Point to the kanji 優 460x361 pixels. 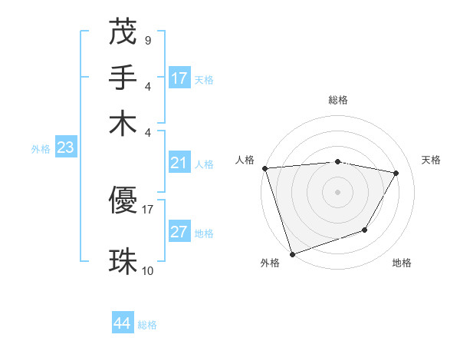point(123,201)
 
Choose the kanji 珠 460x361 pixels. point(123,261)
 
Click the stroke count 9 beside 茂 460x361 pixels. point(147,39)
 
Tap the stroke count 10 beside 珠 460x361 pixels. point(148,270)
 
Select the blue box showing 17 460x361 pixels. point(179,78)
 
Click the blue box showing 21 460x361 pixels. point(179,163)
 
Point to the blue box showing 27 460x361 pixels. point(179,232)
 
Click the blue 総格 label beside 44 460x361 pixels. point(147,325)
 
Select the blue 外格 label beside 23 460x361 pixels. point(41,150)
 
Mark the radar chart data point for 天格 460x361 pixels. point(396,173)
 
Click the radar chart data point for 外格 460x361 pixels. point(293,253)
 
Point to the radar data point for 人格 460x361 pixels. point(264,168)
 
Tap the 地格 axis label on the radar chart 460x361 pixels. point(402,263)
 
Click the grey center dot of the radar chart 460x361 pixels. point(337,191)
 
